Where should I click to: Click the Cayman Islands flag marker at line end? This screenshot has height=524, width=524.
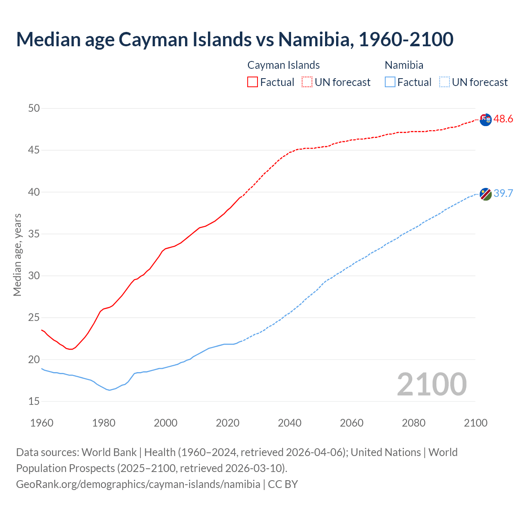[x=485, y=120]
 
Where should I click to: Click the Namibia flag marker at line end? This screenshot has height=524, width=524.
[x=485, y=194]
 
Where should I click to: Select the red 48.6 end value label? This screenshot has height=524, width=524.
[x=503, y=119]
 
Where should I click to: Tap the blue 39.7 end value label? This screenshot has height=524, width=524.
[x=503, y=193]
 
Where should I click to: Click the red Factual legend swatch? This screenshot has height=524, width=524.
[x=253, y=82]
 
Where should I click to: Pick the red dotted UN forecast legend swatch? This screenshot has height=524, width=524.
[x=307, y=82]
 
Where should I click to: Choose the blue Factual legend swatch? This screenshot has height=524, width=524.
[x=390, y=82]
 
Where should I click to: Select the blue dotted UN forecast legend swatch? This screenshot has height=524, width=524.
[x=444, y=82]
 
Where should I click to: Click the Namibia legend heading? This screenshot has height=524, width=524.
[x=404, y=65]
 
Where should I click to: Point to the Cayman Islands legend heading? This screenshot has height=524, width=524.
[x=283, y=65]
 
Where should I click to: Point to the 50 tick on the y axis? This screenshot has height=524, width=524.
[x=34, y=108]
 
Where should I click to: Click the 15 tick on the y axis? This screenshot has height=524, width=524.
[x=34, y=402]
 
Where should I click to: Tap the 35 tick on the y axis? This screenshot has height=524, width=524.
[x=34, y=234]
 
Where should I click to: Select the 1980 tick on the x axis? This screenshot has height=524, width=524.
[x=104, y=423]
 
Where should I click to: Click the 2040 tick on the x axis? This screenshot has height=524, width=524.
[x=289, y=423]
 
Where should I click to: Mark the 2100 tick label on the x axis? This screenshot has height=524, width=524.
[x=475, y=423]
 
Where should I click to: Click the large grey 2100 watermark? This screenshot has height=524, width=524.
[x=431, y=384]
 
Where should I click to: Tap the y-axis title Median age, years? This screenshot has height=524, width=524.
[x=17, y=255]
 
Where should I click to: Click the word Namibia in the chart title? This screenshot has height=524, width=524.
[x=314, y=39]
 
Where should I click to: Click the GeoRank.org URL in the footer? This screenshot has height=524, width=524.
[x=138, y=484]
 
